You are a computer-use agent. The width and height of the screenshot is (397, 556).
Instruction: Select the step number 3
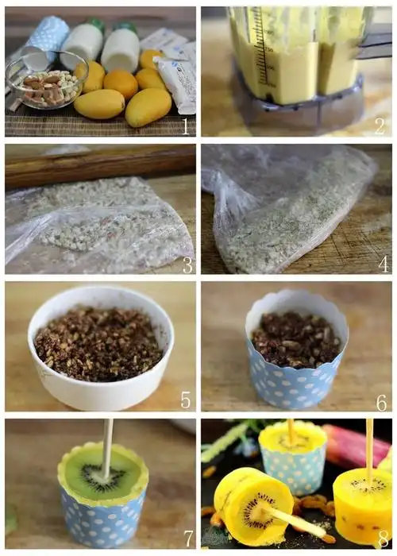(187, 264)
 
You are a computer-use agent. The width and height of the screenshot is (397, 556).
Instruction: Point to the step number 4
(384, 264)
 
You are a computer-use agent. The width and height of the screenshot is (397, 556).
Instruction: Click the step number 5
(186, 400)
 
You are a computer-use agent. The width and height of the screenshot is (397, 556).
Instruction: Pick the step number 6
(381, 403)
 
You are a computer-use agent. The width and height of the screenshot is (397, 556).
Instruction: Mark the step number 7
(189, 539)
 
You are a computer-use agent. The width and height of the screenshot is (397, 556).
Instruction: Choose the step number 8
(384, 539)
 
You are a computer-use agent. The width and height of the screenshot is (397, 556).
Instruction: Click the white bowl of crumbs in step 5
(101, 348)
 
